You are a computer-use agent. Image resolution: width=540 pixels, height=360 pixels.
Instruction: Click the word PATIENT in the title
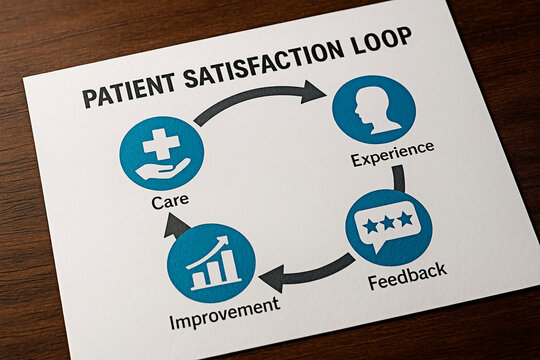[x=124, y=96]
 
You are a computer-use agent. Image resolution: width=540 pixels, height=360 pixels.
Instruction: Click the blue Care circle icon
[x=161, y=153]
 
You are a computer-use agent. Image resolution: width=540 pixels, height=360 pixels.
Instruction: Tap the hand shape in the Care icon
[x=160, y=169]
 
